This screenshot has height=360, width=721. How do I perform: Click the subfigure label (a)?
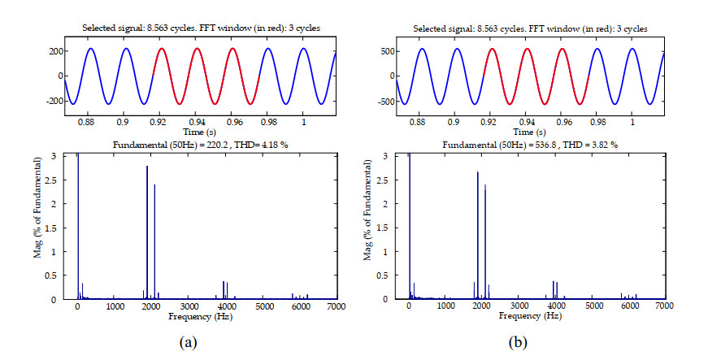(x=188, y=342)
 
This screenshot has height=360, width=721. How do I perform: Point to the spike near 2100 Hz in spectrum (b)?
(x=485, y=241)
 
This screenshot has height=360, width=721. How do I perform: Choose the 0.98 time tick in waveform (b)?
(x=600, y=122)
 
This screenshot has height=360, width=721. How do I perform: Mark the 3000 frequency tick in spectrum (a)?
(x=189, y=306)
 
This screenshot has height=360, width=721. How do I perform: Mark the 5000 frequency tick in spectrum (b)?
(x=594, y=306)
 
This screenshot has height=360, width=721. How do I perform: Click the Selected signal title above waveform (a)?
(x=202, y=28)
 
